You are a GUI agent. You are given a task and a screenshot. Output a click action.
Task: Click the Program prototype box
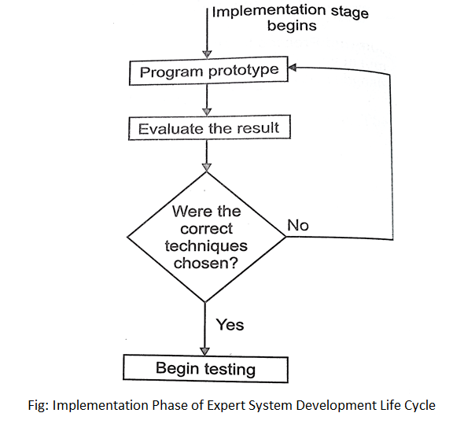tap(208, 71)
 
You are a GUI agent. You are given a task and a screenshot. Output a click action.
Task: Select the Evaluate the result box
tap(209, 127)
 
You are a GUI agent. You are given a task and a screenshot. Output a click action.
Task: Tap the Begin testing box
tap(205, 369)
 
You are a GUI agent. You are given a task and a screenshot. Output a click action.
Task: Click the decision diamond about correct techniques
tap(206, 237)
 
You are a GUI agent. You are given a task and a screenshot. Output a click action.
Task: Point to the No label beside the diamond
tap(298, 225)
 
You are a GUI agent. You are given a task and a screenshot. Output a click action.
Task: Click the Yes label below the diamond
tap(230, 325)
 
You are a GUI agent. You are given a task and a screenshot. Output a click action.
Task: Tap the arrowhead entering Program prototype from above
tap(207, 54)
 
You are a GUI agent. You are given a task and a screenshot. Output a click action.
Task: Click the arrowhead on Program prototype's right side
tap(292, 68)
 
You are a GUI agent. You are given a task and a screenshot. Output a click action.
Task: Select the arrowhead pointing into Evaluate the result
tap(207, 112)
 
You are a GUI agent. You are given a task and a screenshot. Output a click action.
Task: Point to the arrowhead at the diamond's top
tap(207, 168)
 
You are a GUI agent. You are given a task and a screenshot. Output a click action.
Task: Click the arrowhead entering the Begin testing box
tap(205, 352)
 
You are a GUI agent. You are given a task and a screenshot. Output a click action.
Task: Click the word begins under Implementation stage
tap(292, 25)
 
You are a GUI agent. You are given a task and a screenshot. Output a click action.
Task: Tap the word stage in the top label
tap(350, 13)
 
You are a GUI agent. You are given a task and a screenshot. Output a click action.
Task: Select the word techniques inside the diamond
tap(206, 245)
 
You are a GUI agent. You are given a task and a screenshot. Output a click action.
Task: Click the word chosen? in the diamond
tap(206, 263)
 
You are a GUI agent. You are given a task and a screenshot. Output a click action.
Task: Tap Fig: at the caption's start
tap(39, 405)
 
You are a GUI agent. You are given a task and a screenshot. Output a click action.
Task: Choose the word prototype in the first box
tap(244, 71)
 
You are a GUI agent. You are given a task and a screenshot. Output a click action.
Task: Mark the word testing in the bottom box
tap(230, 370)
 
